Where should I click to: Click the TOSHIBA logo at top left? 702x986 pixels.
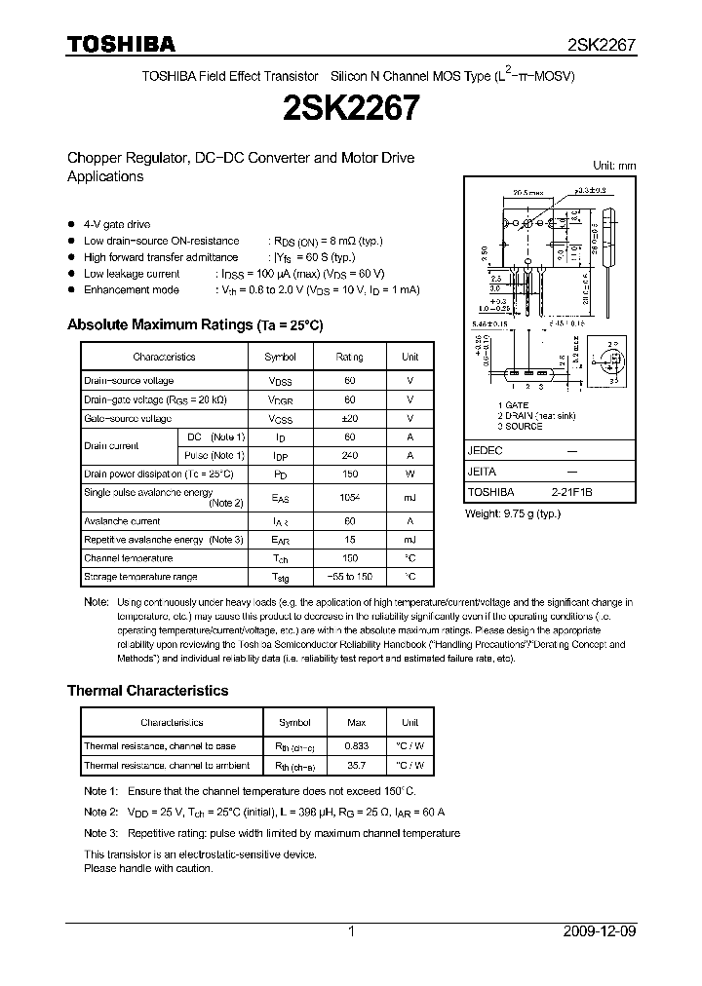pos(121,44)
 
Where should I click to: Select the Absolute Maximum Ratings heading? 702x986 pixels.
pos(194,324)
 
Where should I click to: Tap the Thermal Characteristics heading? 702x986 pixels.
pos(147,690)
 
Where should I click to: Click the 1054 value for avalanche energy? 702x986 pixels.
pos(349,498)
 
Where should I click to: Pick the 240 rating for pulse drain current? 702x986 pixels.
pos(349,455)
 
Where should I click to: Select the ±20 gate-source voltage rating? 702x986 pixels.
pos(349,418)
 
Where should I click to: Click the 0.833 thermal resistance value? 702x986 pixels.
pos(356,746)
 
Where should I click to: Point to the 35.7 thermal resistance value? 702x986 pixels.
pos(356,766)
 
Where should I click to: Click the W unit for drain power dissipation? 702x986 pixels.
pos(410,474)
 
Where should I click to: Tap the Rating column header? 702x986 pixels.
pos(349,358)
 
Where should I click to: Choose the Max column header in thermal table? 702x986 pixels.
pos(356,723)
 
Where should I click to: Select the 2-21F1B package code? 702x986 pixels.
pos(569,493)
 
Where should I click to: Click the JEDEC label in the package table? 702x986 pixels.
pos(486,451)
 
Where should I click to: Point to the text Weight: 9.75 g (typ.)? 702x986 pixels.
pos(513,512)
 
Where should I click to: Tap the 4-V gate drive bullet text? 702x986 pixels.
pos(117,224)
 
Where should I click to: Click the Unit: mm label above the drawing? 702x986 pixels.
pos(614,166)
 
